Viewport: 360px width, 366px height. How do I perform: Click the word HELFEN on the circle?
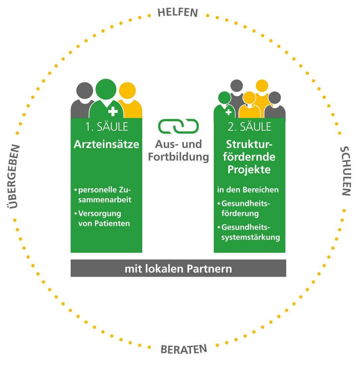point(178,12)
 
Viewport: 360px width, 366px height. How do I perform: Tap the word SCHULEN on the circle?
point(345,171)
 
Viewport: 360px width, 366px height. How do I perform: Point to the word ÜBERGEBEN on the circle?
point(13,177)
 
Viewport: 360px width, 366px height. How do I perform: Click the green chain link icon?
point(178,126)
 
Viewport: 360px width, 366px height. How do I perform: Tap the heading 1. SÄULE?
point(107,127)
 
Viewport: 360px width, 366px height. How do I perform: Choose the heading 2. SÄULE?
point(249,127)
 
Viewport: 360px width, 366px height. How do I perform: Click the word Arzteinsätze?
point(106,144)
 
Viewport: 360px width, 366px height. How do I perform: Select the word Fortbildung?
point(178,157)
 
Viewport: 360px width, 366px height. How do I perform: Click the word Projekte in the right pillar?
point(249,170)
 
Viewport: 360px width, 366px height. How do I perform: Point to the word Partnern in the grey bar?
point(209,269)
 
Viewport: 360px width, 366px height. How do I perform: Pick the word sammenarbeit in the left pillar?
point(105,200)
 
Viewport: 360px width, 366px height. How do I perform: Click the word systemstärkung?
point(251,237)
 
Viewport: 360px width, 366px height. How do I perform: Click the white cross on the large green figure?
point(113,111)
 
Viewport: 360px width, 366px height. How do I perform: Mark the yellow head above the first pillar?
point(127,91)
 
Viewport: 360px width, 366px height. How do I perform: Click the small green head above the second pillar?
point(225,98)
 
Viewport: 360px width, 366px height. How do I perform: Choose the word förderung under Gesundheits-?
point(240,213)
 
